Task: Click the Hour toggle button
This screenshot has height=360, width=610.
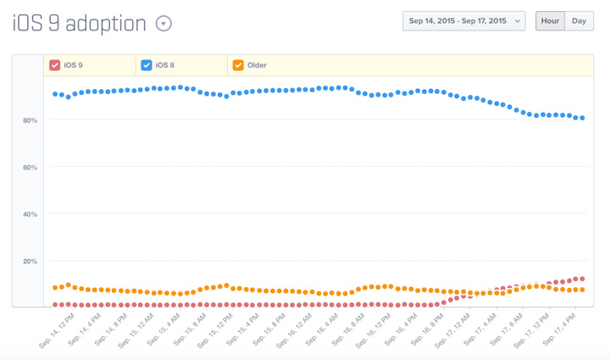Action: pyautogui.click(x=550, y=21)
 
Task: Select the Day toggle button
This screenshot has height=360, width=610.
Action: pyautogui.click(x=579, y=21)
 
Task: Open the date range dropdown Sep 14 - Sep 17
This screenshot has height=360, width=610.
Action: pyautogui.click(x=463, y=21)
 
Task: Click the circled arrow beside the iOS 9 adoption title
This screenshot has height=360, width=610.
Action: pyautogui.click(x=164, y=24)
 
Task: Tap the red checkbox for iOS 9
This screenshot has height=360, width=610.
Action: pyautogui.click(x=55, y=65)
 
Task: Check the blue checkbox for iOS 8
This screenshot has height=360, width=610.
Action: pyautogui.click(x=147, y=65)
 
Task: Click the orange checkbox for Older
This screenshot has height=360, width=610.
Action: pyautogui.click(x=238, y=65)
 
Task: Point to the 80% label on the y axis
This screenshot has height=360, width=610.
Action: pyautogui.click(x=30, y=121)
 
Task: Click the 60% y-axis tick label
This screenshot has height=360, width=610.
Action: pyautogui.click(x=30, y=168)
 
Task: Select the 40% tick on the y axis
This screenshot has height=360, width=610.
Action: pyautogui.click(x=30, y=214)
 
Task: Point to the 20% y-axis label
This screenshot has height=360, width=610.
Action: pyautogui.click(x=30, y=262)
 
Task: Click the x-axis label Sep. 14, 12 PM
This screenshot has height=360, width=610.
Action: pyautogui.click(x=55, y=330)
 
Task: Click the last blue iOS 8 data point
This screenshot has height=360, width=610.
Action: pyautogui.click(x=582, y=119)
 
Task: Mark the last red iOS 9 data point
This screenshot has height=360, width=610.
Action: pyautogui.click(x=582, y=279)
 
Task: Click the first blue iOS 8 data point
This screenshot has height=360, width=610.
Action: pyautogui.click(x=55, y=94)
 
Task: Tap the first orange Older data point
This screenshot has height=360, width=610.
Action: pyautogui.click(x=55, y=288)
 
